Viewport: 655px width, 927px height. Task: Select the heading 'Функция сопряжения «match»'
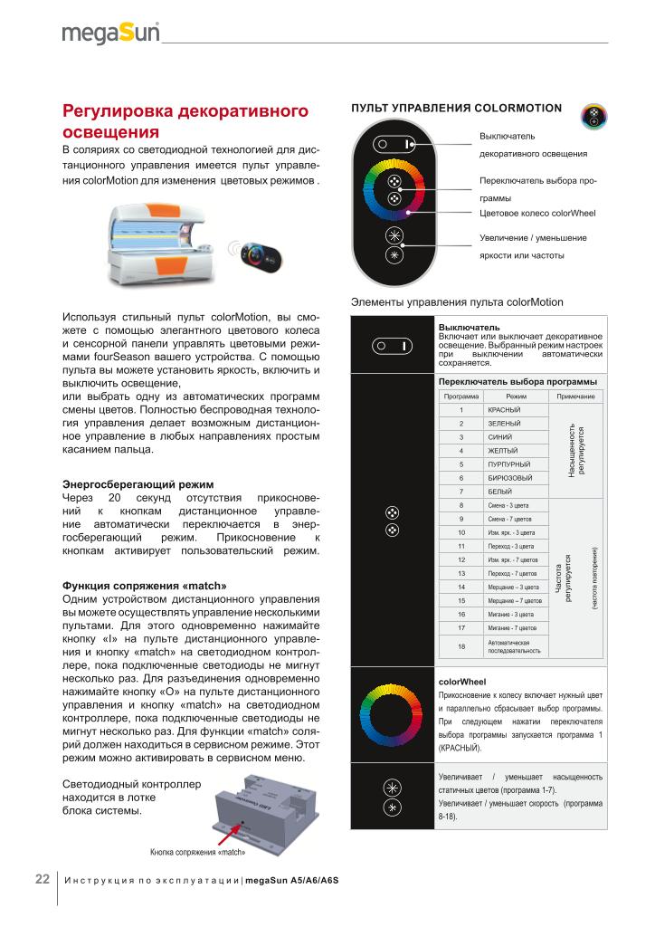point(144,584)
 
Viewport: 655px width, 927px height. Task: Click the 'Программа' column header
point(461,397)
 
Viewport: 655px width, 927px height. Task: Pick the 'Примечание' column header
point(575,397)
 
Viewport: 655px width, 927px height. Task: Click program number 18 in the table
point(461,645)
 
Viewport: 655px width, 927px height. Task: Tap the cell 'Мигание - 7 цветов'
point(513,627)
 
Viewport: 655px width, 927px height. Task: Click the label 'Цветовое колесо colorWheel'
point(536,214)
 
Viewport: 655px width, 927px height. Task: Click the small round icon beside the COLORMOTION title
point(593,116)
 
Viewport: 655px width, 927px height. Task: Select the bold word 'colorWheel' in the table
point(462,680)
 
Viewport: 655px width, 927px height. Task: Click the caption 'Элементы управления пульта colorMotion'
point(456,302)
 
